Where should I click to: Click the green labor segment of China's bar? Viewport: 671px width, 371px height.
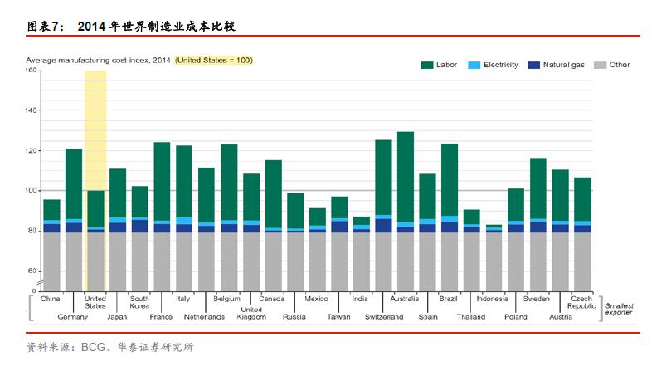(x=51, y=210)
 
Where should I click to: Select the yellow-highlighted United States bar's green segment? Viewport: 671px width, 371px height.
(x=95, y=208)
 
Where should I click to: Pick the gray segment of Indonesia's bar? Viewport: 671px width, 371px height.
(x=494, y=261)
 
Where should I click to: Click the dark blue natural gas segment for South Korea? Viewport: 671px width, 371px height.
(x=139, y=226)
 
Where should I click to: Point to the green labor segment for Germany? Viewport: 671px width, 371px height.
(x=74, y=183)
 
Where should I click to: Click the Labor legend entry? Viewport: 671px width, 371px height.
(x=439, y=65)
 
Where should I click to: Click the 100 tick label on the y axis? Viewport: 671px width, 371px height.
(x=32, y=191)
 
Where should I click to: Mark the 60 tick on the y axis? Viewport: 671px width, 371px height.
(x=33, y=271)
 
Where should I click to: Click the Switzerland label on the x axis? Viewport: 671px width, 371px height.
(x=383, y=317)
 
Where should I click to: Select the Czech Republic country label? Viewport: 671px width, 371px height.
(x=581, y=302)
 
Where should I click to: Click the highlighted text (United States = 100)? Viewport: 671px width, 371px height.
(x=214, y=61)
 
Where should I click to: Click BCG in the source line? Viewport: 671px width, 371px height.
(x=92, y=348)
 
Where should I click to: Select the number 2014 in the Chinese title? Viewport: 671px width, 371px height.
(x=95, y=27)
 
